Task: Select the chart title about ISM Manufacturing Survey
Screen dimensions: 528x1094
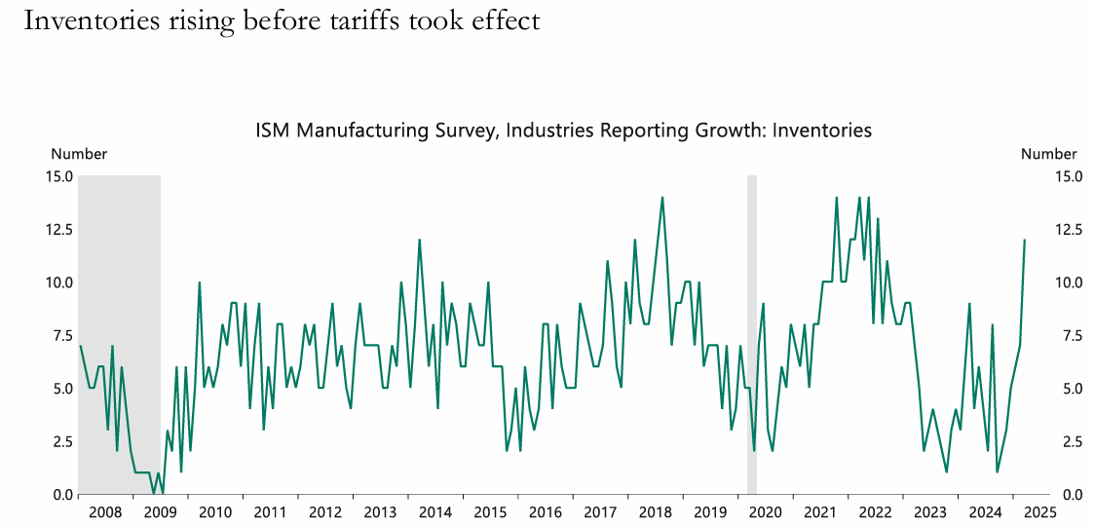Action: tap(563, 130)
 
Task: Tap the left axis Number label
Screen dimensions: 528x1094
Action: tap(79, 154)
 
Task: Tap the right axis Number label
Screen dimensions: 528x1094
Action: tap(1049, 154)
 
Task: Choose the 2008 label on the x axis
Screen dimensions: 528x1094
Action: tap(105, 512)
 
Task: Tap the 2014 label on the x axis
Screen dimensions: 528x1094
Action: tap(434, 512)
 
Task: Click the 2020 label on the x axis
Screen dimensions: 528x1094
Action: tap(765, 512)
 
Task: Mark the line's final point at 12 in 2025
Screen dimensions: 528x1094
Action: tap(1025, 240)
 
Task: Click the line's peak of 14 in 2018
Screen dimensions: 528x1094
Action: tap(662, 198)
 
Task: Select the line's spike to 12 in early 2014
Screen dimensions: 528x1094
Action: tap(419, 240)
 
